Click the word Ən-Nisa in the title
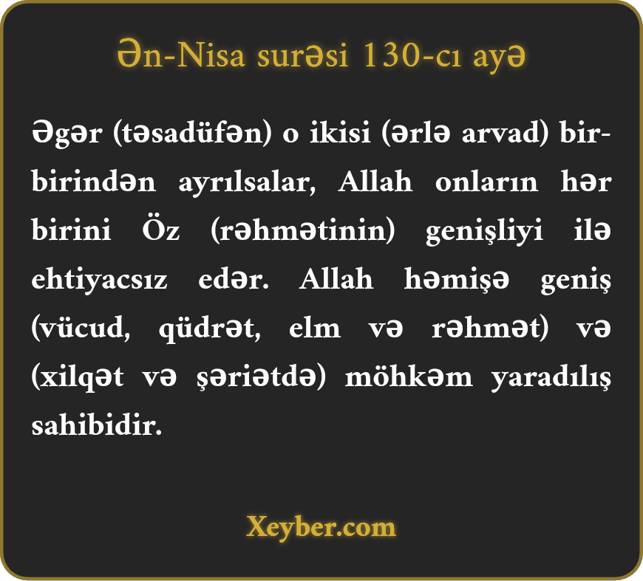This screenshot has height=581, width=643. [x=181, y=55]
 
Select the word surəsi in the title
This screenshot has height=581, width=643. [x=302, y=55]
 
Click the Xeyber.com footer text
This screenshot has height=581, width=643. [x=321, y=527]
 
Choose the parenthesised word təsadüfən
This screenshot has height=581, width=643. [x=192, y=133]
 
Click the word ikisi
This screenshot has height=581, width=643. [x=340, y=133]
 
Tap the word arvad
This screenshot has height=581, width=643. [x=504, y=133]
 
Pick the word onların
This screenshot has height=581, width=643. [x=486, y=182]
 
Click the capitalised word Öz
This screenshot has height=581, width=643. [x=161, y=229]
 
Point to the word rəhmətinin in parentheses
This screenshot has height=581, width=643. [x=302, y=230]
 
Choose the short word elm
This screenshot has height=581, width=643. [x=315, y=327]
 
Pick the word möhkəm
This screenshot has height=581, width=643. [x=409, y=377]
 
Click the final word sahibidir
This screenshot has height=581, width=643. [x=97, y=424]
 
